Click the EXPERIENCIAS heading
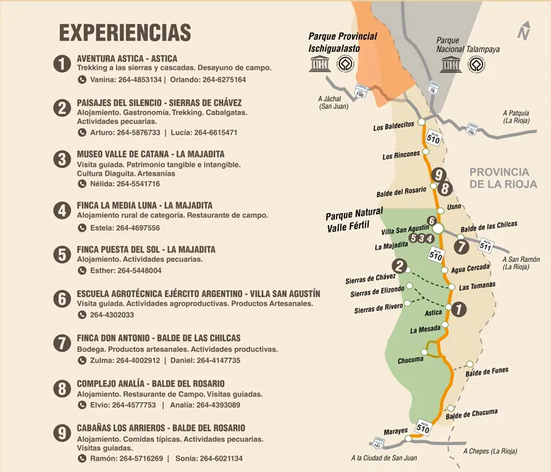(125, 33)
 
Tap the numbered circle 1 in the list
(62, 63)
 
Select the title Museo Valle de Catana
(151, 154)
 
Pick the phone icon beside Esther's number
(82, 271)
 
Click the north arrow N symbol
(523, 32)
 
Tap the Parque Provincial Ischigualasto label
(342, 43)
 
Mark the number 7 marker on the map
(461, 247)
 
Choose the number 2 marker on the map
(399, 266)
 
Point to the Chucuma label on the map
(410, 360)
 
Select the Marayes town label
(395, 431)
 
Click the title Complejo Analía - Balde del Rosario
(151, 384)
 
